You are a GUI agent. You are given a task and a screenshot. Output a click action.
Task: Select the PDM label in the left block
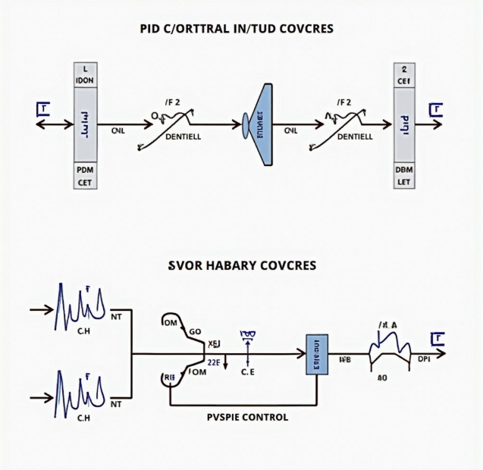coord(85,170)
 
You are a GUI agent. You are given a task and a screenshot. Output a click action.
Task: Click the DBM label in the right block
coord(404,170)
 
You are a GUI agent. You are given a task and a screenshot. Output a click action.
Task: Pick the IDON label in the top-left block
coord(85,79)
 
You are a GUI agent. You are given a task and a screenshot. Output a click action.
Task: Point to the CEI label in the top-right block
coord(404,79)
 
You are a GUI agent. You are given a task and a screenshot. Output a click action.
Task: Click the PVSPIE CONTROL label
coord(247,417)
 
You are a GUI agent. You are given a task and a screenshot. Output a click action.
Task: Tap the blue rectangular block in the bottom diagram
coord(315,354)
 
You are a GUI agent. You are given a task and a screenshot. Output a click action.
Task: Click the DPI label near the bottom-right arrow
coord(424,359)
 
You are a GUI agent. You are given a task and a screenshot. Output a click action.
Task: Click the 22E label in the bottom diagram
coord(214,362)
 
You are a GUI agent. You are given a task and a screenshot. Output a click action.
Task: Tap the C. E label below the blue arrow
coord(248,372)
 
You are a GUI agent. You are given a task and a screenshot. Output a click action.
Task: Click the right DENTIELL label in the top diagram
coord(354,137)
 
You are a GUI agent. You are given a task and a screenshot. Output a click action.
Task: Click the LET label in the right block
coord(404,183)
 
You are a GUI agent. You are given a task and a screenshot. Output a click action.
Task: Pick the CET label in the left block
coord(85,183)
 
